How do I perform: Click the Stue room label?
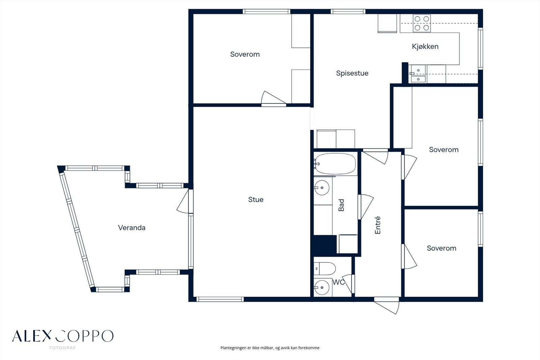pos(256,200)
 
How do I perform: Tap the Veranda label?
pos(132,228)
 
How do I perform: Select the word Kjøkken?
pos(425,46)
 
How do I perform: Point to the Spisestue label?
pos(352,73)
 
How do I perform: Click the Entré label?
pos(378,225)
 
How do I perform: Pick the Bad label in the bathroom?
pos(341,205)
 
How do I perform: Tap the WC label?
pos(339,282)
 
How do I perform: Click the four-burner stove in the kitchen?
pos(422,23)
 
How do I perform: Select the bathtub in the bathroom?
pos(335,163)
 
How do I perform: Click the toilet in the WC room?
pos(324,268)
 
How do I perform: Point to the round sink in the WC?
pos(322,287)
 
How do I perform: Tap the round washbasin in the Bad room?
pos(322,187)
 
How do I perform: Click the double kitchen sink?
pos(418,74)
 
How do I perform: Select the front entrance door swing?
pos(386,306)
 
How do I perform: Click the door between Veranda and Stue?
pos(185,201)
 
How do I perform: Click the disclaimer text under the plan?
pos(270,348)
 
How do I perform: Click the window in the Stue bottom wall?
pos(220,300)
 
